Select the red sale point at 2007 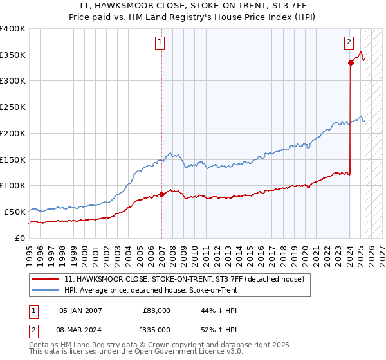(161, 194)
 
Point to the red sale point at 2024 (351, 62)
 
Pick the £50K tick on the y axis (15, 211)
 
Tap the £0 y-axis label (20, 237)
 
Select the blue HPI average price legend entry (151, 290)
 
